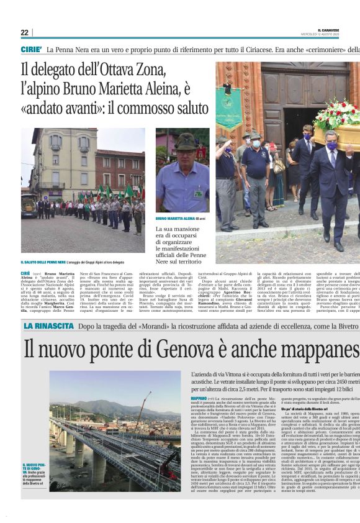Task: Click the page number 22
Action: pyautogui.click(x=24, y=32)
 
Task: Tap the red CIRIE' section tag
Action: pyautogui.click(x=31, y=49)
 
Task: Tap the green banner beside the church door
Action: pyautogui.click(x=228, y=106)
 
